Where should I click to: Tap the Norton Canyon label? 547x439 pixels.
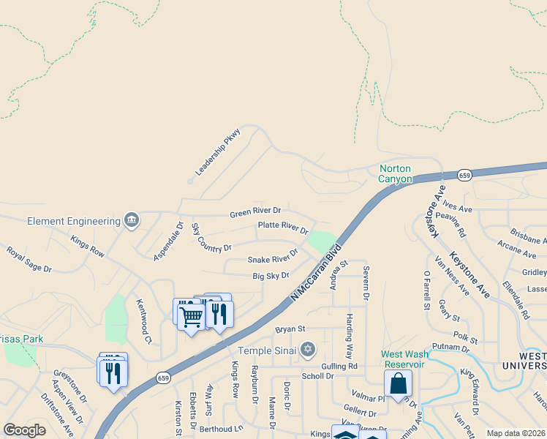click(x=396, y=173)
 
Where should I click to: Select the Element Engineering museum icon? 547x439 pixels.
click(x=132, y=220)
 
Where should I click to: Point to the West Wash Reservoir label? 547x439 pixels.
click(x=402, y=359)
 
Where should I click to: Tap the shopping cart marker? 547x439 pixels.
click(x=191, y=317)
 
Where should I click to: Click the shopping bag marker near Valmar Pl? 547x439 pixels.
click(x=398, y=383)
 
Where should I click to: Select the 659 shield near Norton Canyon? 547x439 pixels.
click(x=464, y=176)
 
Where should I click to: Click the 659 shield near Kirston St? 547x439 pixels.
click(x=163, y=378)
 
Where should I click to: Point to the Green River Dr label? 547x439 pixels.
click(x=255, y=211)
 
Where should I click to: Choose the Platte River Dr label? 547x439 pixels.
click(x=283, y=227)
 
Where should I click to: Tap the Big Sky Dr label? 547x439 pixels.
click(x=271, y=275)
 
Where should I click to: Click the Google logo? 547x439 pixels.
click(x=24, y=430)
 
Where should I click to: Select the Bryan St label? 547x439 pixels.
click(x=290, y=329)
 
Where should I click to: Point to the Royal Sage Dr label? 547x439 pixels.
click(x=29, y=259)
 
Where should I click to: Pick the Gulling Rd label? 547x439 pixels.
click(x=339, y=365)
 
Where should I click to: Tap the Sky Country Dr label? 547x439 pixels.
click(x=211, y=239)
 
